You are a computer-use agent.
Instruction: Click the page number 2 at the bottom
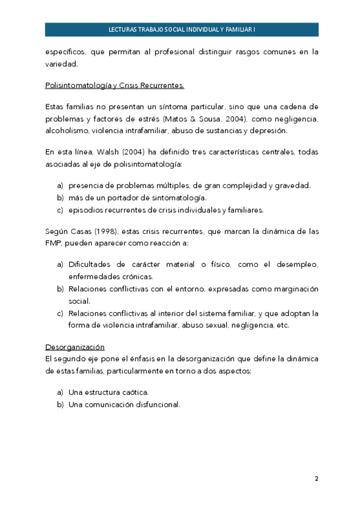[316, 479]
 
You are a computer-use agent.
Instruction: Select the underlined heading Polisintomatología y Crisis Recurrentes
[115, 85]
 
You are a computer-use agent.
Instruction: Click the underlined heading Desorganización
[75, 347]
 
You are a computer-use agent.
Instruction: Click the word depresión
[271, 131]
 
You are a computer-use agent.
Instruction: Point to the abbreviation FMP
[54, 243]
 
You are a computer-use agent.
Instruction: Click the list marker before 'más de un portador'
[60, 198]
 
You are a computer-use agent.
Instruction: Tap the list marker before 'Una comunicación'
[60, 404]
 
